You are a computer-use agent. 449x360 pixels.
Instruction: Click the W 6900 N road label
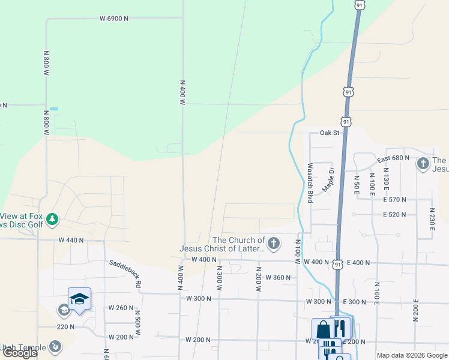pyautogui.click(x=114, y=19)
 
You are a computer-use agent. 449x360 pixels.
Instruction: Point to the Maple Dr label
pyautogui.click(x=330, y=178)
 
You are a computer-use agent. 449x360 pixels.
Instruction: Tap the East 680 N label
pyautogui.click(x=393, y=158)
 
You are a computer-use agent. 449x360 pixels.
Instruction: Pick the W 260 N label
pyautogui.click(x=121, y=308)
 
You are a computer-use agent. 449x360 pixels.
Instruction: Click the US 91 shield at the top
pyautogui.click(x=359, y=5)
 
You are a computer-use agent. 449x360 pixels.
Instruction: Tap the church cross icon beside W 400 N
pyautogui.click(x=274, y=243)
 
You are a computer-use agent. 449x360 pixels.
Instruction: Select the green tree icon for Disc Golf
pyautogui.click(x=53, y=220)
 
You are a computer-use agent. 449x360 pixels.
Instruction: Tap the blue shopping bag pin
pyautogui.click(x=322, y=329)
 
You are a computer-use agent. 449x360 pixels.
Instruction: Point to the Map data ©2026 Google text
pyautogui.click(x=412, y=355)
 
